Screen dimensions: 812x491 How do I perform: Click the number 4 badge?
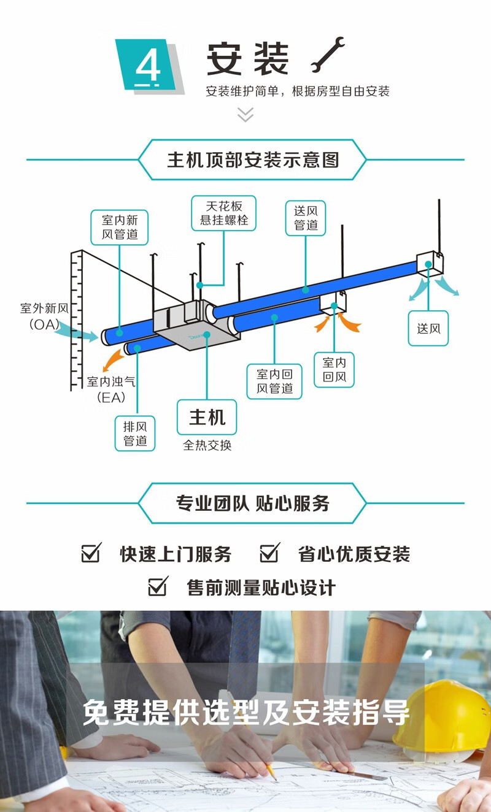147,65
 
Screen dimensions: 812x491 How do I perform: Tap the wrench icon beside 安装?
327,55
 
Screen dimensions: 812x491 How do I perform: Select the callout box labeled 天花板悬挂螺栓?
224,213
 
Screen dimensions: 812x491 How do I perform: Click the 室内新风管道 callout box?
125,227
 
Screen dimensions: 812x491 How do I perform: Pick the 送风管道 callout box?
305,218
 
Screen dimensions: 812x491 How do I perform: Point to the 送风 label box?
428,328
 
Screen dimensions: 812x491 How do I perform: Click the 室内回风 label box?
334,370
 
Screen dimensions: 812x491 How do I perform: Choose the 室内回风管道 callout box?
274,381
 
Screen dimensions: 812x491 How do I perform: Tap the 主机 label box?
207,418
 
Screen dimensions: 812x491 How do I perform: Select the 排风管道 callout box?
135,433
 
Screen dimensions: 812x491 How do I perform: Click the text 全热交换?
207,446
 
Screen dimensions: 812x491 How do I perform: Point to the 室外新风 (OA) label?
42,316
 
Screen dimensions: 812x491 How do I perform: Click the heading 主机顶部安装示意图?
252,160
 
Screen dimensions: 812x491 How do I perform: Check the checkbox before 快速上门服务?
91,553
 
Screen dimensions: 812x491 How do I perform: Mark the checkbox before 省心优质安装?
269,553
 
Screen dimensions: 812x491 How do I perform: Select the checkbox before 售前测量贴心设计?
158,587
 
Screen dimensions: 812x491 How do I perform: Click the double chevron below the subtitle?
245,114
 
